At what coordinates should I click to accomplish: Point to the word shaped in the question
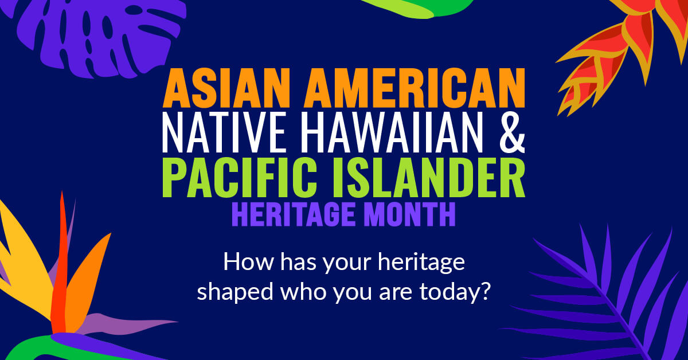click(230, 291)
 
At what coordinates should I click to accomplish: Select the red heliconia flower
click(619, 63)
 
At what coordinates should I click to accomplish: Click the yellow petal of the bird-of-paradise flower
click(23, 246)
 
